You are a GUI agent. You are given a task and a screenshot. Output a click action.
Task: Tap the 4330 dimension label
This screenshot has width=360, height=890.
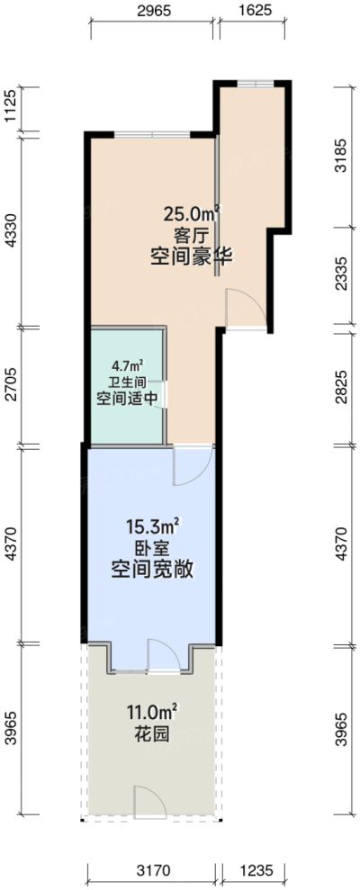click(11, 229)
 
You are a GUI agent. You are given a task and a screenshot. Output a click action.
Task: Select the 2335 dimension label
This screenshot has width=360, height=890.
click(351, 278)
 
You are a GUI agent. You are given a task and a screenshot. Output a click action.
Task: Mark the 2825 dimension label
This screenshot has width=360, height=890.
click(351, 386)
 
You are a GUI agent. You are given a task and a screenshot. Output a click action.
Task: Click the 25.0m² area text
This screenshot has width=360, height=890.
click(192, 214)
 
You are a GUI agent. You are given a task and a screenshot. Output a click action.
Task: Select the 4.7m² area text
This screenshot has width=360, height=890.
click(127, 366)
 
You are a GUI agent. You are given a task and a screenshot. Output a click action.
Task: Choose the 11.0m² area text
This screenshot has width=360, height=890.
click(150, 715)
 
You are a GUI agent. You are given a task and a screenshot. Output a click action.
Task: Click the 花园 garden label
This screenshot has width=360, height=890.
click(150, 735)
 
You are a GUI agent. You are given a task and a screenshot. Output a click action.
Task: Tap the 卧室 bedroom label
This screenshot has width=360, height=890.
click(150, 548)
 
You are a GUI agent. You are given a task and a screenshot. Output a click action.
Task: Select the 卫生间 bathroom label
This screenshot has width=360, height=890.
click(127, 382)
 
